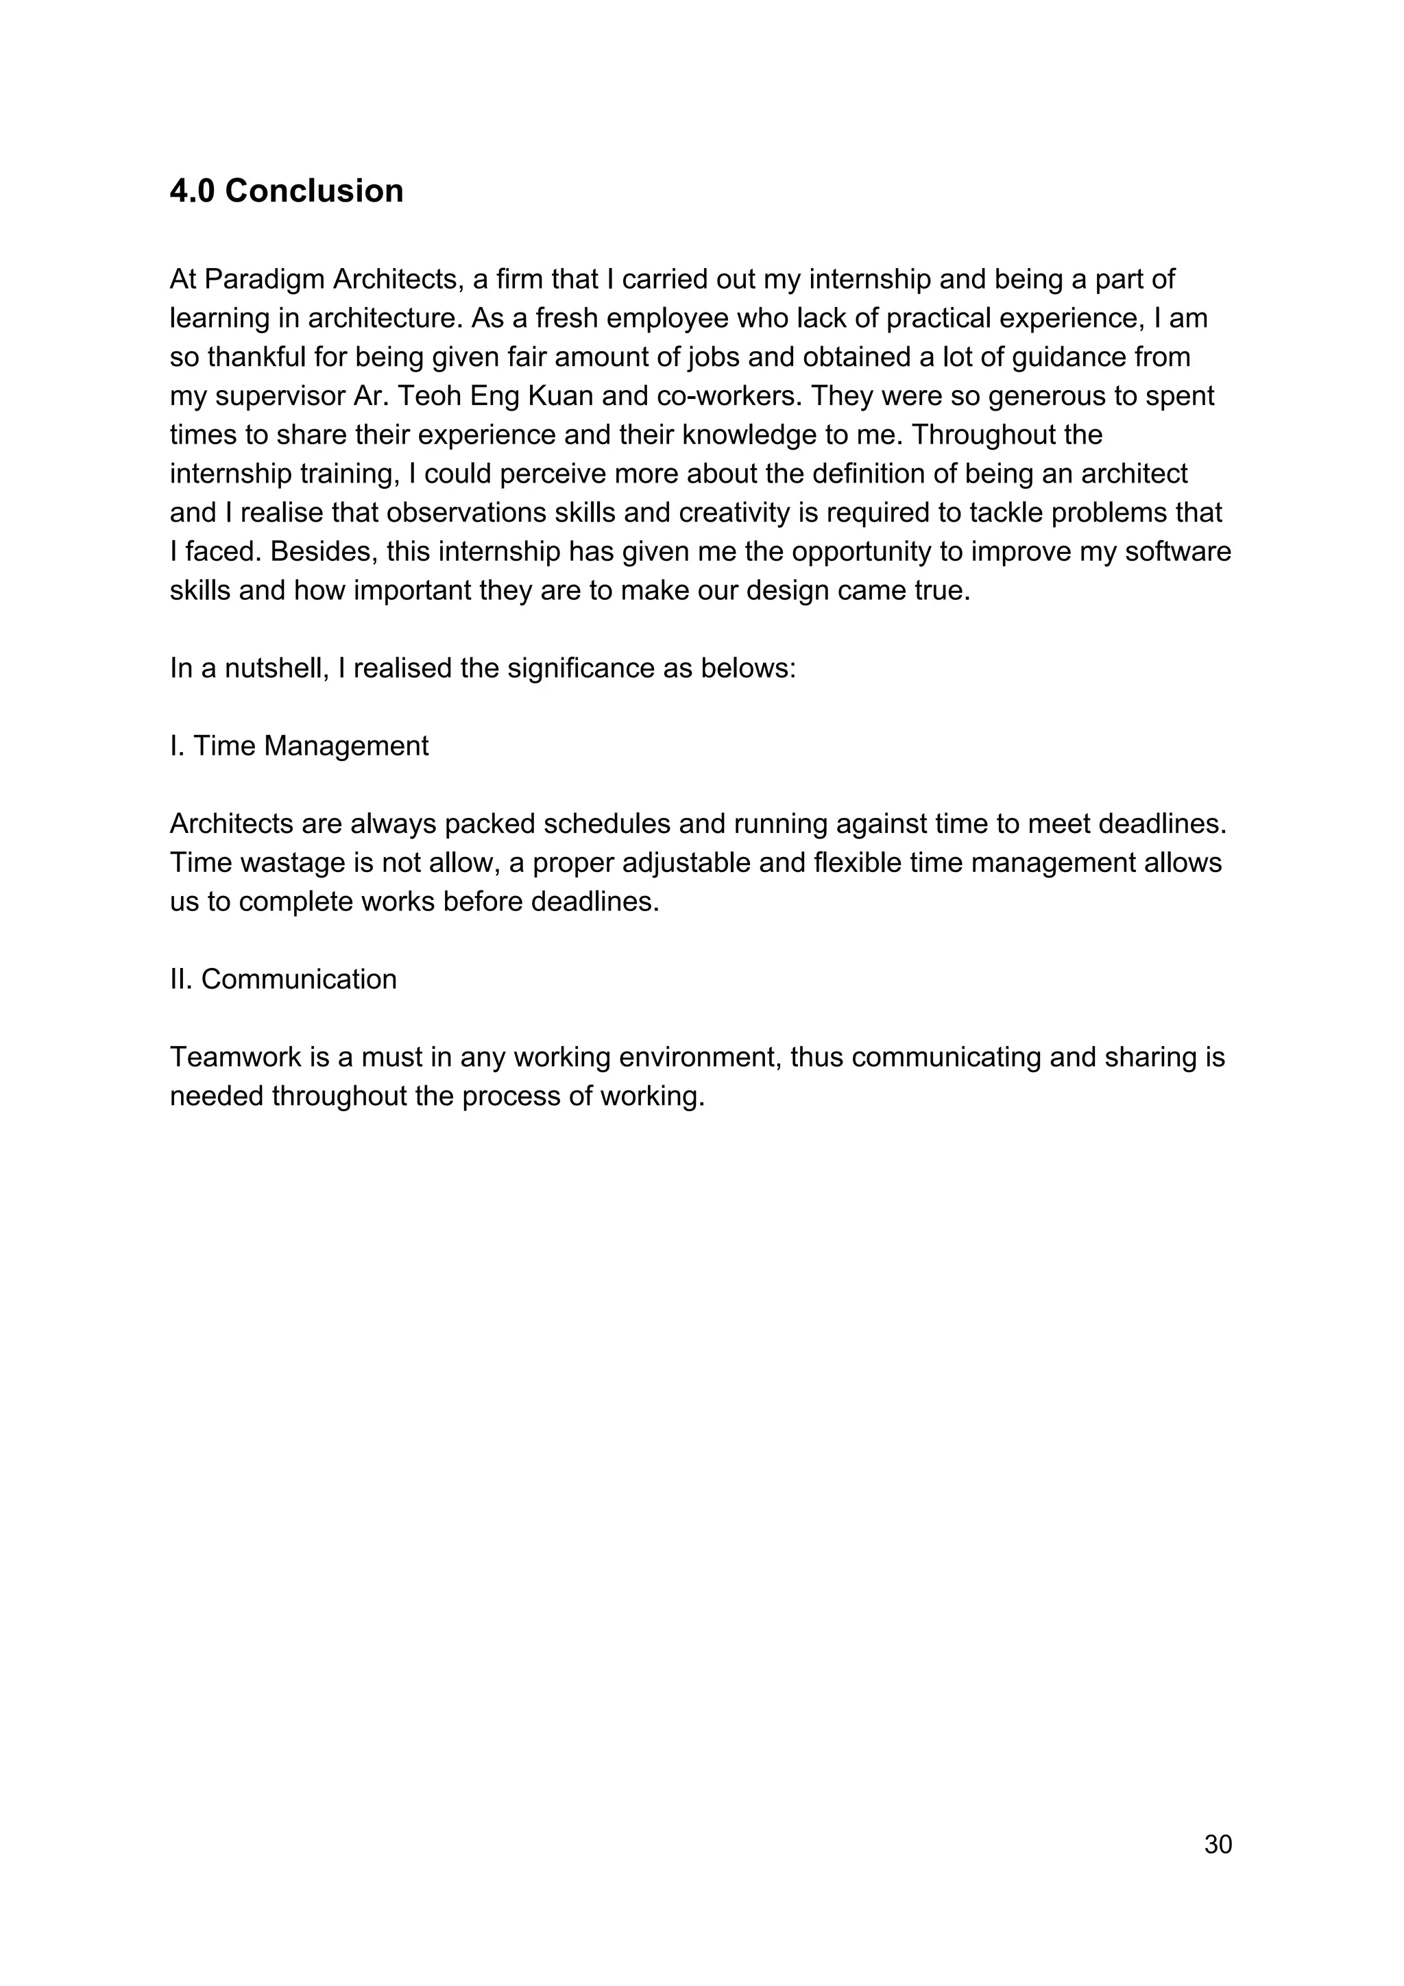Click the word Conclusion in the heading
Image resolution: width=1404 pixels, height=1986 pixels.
(314, 191)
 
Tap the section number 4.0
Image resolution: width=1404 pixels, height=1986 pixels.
(192, 191)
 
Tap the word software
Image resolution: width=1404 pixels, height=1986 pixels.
(1177, 552)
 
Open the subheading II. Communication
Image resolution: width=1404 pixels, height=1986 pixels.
(283, 979)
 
